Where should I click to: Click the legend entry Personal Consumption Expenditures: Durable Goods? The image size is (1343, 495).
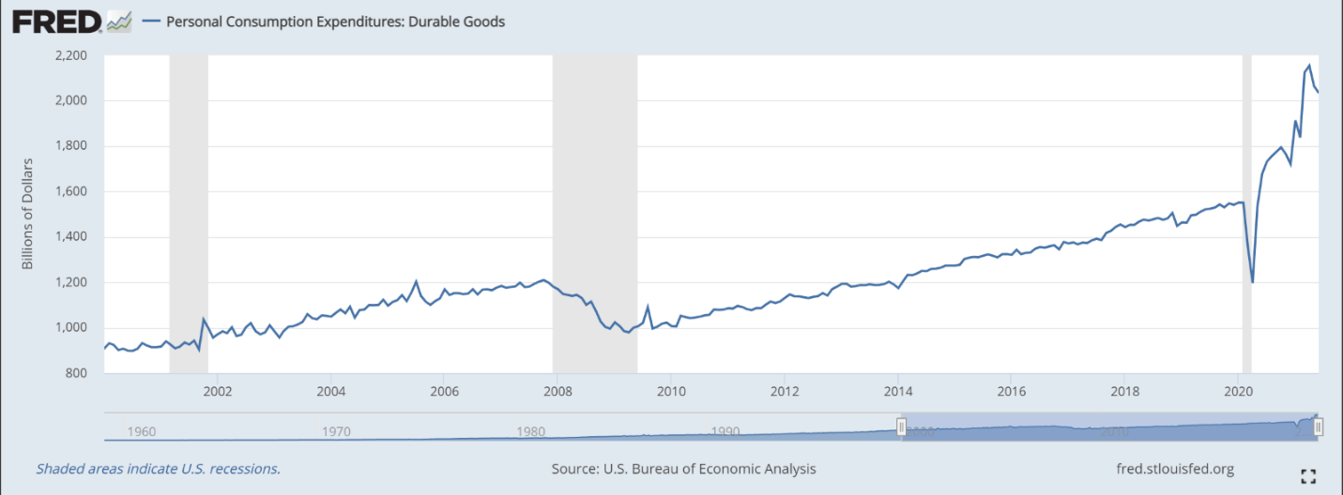pos(335,21)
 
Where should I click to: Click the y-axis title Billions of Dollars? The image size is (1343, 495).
pos(27,214)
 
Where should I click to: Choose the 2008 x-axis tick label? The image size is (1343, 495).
pos(557,391)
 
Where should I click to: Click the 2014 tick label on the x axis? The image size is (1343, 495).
pos(898,391)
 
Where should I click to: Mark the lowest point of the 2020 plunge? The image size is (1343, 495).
pos(1253,281)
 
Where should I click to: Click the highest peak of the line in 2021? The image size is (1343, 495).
pos(1309,66)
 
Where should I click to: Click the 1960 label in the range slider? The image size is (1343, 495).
pos(141,432)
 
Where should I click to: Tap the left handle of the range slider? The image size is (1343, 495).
pos(901,427)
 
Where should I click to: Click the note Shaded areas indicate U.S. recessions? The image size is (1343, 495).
pos(158,469)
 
